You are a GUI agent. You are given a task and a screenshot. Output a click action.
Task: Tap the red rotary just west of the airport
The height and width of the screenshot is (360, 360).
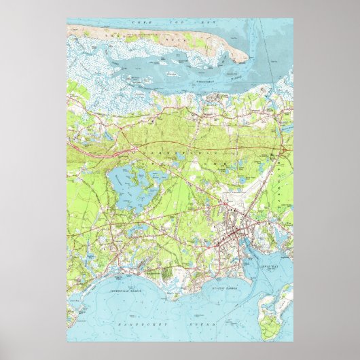(x=218, y=202)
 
